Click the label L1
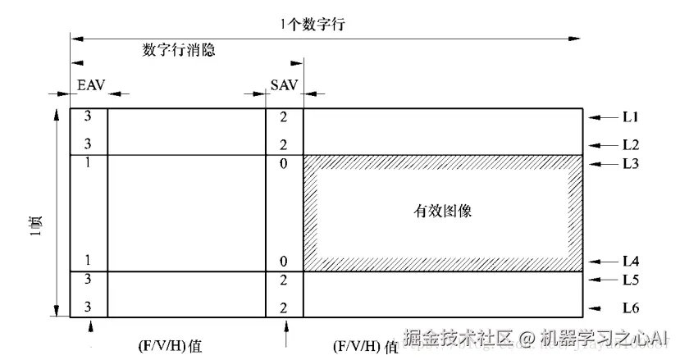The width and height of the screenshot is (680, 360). (x=631, y=118)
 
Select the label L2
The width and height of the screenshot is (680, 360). (x=631, y=145)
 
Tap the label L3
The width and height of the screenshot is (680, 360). (x=631, y=163)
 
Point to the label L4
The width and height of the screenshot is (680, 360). (x=631, y=262)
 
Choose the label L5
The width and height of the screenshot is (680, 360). (x=631, y=280)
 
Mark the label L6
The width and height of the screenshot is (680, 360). (x=631, y=308)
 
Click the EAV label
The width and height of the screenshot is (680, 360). (x=88, y=85)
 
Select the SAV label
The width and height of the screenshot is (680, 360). (x=284, y=85)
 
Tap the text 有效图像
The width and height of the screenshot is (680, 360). (x=443, y=211)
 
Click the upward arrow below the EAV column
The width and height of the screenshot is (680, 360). (x=89, y=329)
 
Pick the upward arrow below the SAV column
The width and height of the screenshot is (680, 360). (x=285, y=333)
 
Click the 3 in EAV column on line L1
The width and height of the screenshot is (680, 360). (x=88, y=117)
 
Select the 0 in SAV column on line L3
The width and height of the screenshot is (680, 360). (x=284, y=162)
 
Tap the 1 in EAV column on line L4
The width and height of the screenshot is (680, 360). (x=88, y=261)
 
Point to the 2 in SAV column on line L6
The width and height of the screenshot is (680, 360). (x=284, y=308)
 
